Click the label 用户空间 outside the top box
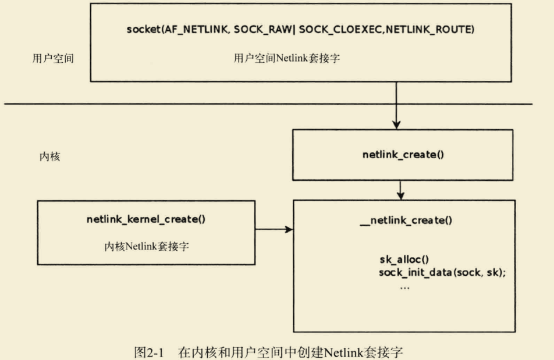53,59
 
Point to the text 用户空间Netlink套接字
287,58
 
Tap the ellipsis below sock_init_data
405,287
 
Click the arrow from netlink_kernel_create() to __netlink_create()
274,229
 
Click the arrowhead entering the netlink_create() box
396,124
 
